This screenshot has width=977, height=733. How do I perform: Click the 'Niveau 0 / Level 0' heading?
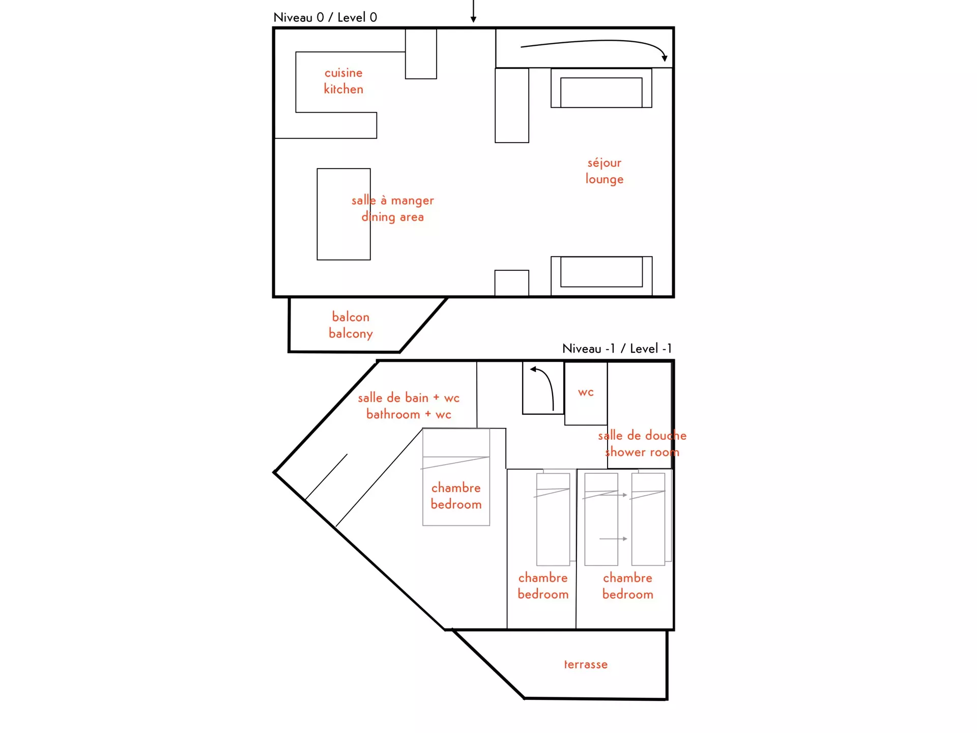coord(325,17)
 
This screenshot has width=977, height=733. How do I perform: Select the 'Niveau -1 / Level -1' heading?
coord(617,349)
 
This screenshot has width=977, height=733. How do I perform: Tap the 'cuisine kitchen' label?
coord(343,81)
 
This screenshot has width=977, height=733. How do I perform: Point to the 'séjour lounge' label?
coord(605,171)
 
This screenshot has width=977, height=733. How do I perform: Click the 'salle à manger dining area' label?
coord(393,208)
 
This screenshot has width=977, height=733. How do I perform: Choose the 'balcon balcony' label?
coord(351,325)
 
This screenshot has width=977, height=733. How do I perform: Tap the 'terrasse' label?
coord(586,664)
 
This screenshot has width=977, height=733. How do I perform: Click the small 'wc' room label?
coord(586,392)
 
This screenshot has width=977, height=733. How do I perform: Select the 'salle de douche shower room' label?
coord(642,443)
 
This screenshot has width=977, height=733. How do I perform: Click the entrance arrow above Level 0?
coord(473,11)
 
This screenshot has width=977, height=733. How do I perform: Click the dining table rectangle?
coord(343,214)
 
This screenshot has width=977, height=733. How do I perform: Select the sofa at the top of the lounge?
coord(601,88)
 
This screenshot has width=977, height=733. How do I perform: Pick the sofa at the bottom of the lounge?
coord(601,276)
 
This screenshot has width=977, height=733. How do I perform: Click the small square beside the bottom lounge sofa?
coord(512,283)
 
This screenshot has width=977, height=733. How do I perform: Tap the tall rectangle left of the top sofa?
coord(512,105)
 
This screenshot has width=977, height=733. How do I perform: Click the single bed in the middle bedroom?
coord(553,519)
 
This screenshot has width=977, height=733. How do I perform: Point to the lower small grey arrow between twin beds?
coord(613,539)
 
